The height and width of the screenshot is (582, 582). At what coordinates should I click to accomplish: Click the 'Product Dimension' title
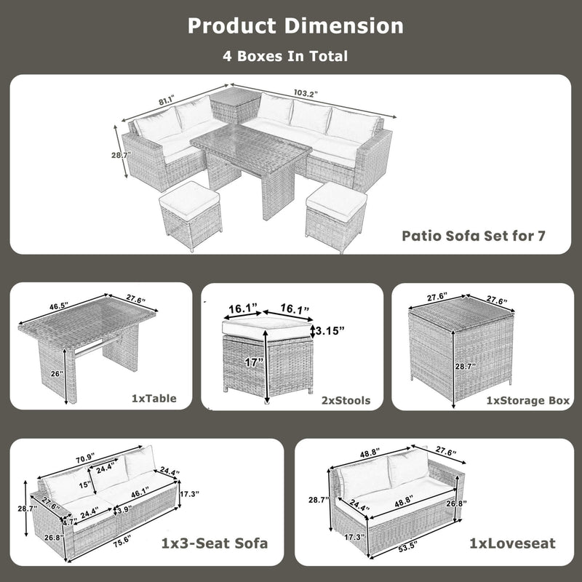pos(295,25)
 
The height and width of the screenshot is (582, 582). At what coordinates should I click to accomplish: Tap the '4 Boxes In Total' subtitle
pos(285,55)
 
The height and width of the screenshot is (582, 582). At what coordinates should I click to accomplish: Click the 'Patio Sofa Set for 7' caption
pos(474,236)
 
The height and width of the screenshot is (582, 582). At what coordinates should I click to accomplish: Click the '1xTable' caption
pos(154,399)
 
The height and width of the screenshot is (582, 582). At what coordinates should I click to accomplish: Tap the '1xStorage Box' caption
pos(527,399)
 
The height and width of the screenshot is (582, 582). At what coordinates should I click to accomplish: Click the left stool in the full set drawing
pos(190,214)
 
